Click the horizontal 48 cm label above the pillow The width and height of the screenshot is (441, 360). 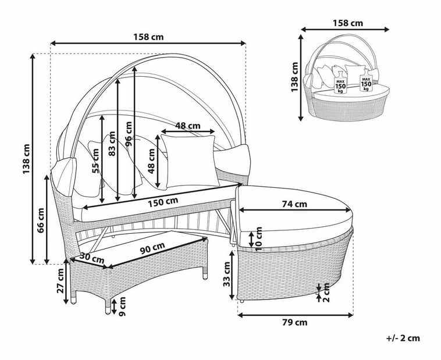pos(188,126)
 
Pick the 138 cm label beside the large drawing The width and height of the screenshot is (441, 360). pos(26,158)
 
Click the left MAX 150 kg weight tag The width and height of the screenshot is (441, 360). pos(341,85)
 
